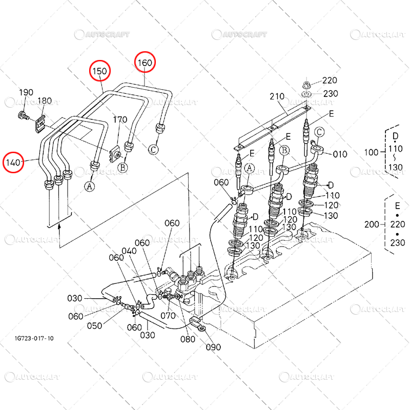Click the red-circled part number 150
[99, 71]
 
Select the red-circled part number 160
[145, 63]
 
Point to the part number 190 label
[26, 92]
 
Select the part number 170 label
[120, 119]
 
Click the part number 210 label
[277, 96]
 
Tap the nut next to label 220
[306, 85]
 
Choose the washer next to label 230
[306, 94]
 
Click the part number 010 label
[340, 154]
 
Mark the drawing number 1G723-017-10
[34, 339]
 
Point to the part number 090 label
[213, 347]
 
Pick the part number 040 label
[129, 251]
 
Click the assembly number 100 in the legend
[371, 152]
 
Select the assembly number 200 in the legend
[371, 224]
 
